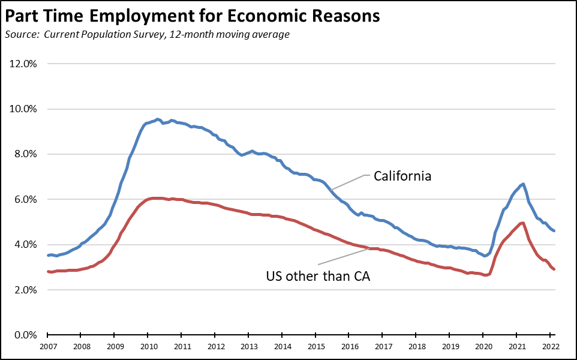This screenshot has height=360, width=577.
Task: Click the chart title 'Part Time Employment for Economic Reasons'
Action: (192, 16)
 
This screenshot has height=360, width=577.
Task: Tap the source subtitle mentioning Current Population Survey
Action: (147, 34)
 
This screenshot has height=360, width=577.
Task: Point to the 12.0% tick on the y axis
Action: (25, 64)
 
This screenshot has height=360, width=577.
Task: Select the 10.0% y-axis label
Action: (25, 109)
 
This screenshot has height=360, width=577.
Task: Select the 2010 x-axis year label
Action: (149, 346)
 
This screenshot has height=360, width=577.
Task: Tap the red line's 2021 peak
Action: (523, 223)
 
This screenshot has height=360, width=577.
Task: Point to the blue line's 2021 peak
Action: (524, 184)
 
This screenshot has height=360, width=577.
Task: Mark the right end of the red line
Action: (554, 269)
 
